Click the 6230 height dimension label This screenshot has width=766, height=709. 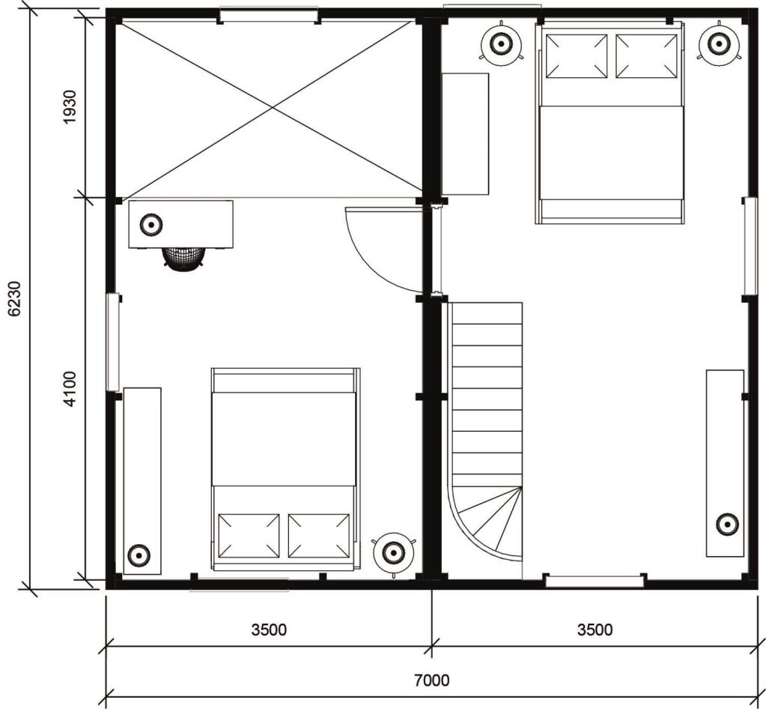14,299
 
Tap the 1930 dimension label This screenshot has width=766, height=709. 70,107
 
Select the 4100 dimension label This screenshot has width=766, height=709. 70,389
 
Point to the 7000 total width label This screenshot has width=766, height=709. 432,681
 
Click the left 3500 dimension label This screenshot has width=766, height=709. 269,630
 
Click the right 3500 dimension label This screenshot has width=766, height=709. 595,630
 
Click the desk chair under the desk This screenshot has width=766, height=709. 183,257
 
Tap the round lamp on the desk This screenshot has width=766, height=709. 151,225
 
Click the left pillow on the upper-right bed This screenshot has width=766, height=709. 577,55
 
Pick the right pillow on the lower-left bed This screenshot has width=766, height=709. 319,535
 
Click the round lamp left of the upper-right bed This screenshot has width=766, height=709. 501,44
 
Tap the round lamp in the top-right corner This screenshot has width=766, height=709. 717,44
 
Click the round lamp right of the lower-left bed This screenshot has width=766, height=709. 393,553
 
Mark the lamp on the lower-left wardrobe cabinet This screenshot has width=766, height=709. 139,555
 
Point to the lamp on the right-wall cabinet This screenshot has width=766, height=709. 727,525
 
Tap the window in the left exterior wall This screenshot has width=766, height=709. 113,342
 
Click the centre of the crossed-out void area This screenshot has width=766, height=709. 272,109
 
